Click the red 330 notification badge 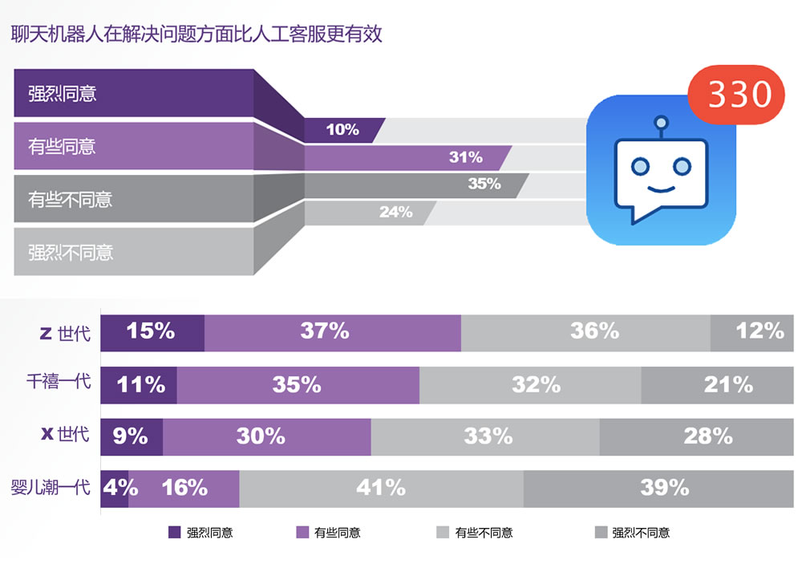(735, 94)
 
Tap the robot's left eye (639, 166)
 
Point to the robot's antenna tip (661, 123)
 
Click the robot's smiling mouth (660, 190)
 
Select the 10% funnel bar (342, 130)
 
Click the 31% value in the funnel (465, 157)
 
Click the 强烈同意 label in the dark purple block (63, 93)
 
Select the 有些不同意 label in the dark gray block (71, 199)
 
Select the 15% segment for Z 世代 (151, 331)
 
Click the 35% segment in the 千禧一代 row (297, 384)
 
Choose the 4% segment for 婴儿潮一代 (115, 487)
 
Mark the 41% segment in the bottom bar (380, 487)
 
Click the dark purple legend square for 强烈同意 (175, 532)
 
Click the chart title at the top (196, 34)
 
